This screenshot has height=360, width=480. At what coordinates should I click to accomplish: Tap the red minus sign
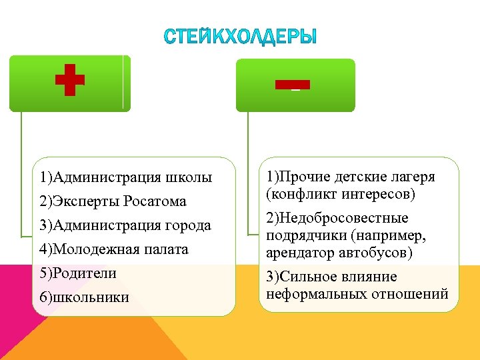[292, 85]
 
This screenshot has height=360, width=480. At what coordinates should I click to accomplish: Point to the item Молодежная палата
[113, 249]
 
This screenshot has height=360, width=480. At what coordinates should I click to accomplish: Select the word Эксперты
[87, 201]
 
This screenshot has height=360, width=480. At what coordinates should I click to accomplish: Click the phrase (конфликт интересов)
[340, 194]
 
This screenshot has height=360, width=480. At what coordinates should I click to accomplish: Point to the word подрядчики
[303, 236]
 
